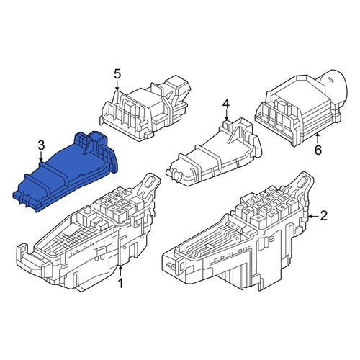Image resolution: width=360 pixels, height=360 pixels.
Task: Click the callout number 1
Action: [x=120, y=283]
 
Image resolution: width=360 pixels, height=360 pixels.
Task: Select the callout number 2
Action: [x=323, y=215]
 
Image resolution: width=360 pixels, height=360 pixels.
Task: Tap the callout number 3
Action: [x=41, y=145]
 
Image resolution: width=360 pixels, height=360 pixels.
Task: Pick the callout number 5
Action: [x=117, y=74]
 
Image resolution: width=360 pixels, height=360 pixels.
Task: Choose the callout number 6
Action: [x=318, y=150]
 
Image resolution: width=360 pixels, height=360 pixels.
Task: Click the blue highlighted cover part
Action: [x=65, y=171]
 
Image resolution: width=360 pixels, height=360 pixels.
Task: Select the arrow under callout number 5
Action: [x=117, y=86]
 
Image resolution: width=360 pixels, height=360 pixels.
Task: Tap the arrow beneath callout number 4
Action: [x=226, y=115]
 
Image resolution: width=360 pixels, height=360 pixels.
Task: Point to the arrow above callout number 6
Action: [x=318, y=139]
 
